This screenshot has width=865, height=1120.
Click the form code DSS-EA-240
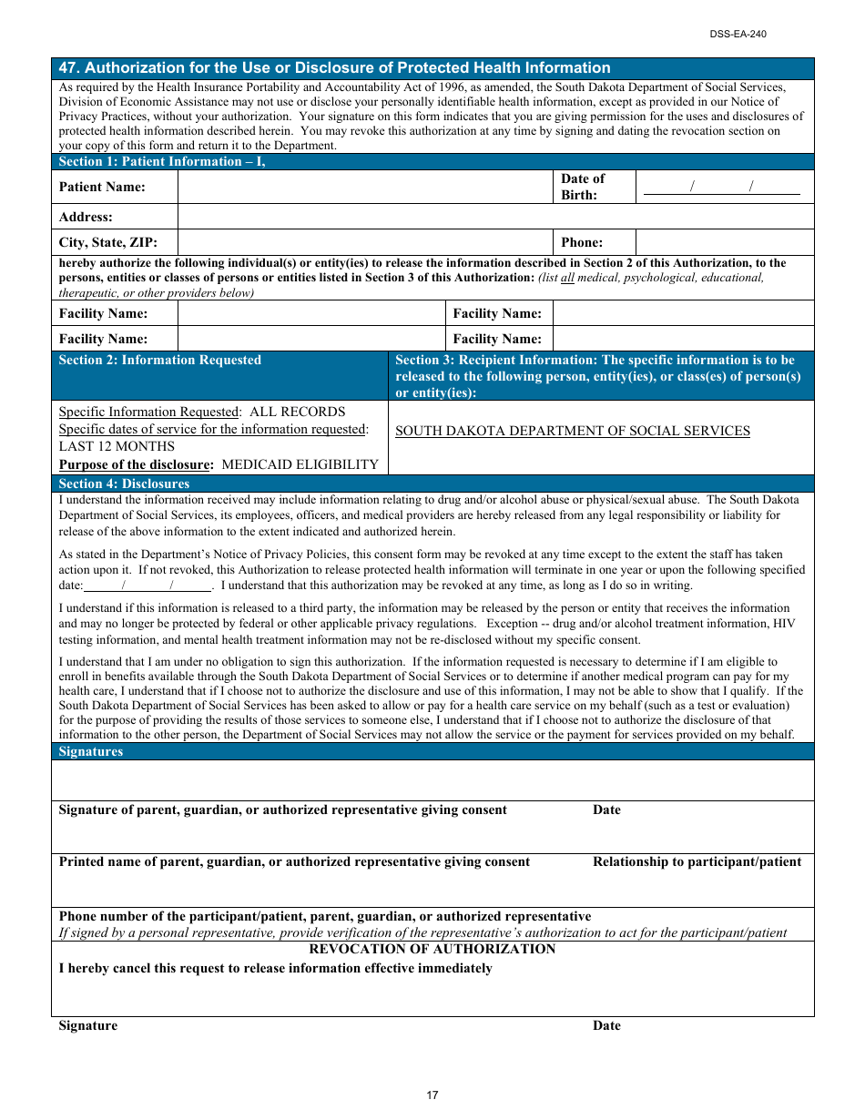point(738,34)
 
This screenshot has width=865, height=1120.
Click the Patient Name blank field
point(365,187)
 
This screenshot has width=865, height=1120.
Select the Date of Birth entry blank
point(722,187)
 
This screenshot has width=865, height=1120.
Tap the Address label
point(86,217)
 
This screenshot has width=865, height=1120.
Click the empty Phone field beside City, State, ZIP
point(724,242)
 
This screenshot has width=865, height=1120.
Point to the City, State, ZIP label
point(108,242)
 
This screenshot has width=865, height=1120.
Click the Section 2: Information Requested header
point(159,361)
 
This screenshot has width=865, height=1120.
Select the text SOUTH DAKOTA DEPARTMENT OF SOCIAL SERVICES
point(573,432)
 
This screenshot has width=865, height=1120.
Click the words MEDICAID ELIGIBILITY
point(300,464)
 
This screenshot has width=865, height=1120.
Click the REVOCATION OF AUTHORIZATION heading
point(432,949)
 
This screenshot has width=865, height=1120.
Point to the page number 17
point(432,1095)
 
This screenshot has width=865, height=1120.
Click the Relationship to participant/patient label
point(697,861)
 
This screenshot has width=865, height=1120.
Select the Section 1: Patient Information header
point(162,161)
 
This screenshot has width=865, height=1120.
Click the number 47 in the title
point(67,67)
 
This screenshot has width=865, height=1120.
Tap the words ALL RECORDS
point(298,412)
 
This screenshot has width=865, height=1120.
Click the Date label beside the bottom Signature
point(606,1025)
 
